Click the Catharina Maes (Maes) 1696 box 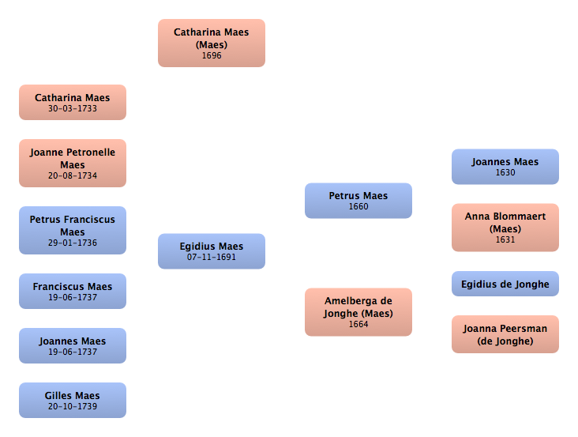tap(212, 43)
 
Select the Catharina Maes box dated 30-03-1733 tap(73, 103)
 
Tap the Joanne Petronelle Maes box tap(73, 163)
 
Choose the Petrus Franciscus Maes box tap(73, 230)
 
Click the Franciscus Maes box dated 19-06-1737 tap(73, 291)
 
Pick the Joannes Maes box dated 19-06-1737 tap(73, 345)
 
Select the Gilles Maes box tap(73, 400)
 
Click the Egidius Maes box tap(212, 251)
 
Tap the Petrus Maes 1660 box tap(358, 201)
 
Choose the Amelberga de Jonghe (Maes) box tap(358, 312)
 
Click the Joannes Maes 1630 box tap(505, 167)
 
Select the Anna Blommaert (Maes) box tap(505, 228)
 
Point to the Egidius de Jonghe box tap(505, 284)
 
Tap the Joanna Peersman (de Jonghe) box tap(505, 334)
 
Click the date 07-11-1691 tap(211, 257)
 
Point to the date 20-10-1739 tap(73, 406)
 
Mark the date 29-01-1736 tap(73, 243)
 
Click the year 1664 tap(358, 324)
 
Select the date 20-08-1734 tap(73, 175)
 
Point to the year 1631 tap(505, 239)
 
